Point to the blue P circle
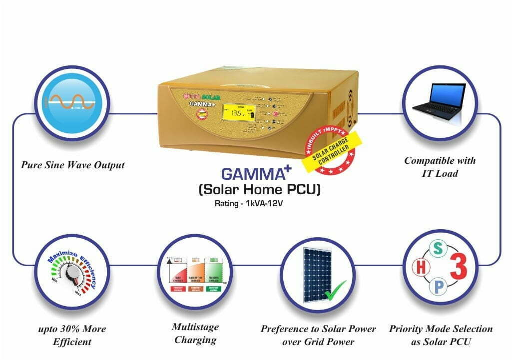coord(438,287)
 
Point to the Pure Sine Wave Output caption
coord(73,165)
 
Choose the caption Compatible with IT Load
coord(440,167)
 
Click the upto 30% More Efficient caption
coord(73,335)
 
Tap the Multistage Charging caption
coord(195,333)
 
